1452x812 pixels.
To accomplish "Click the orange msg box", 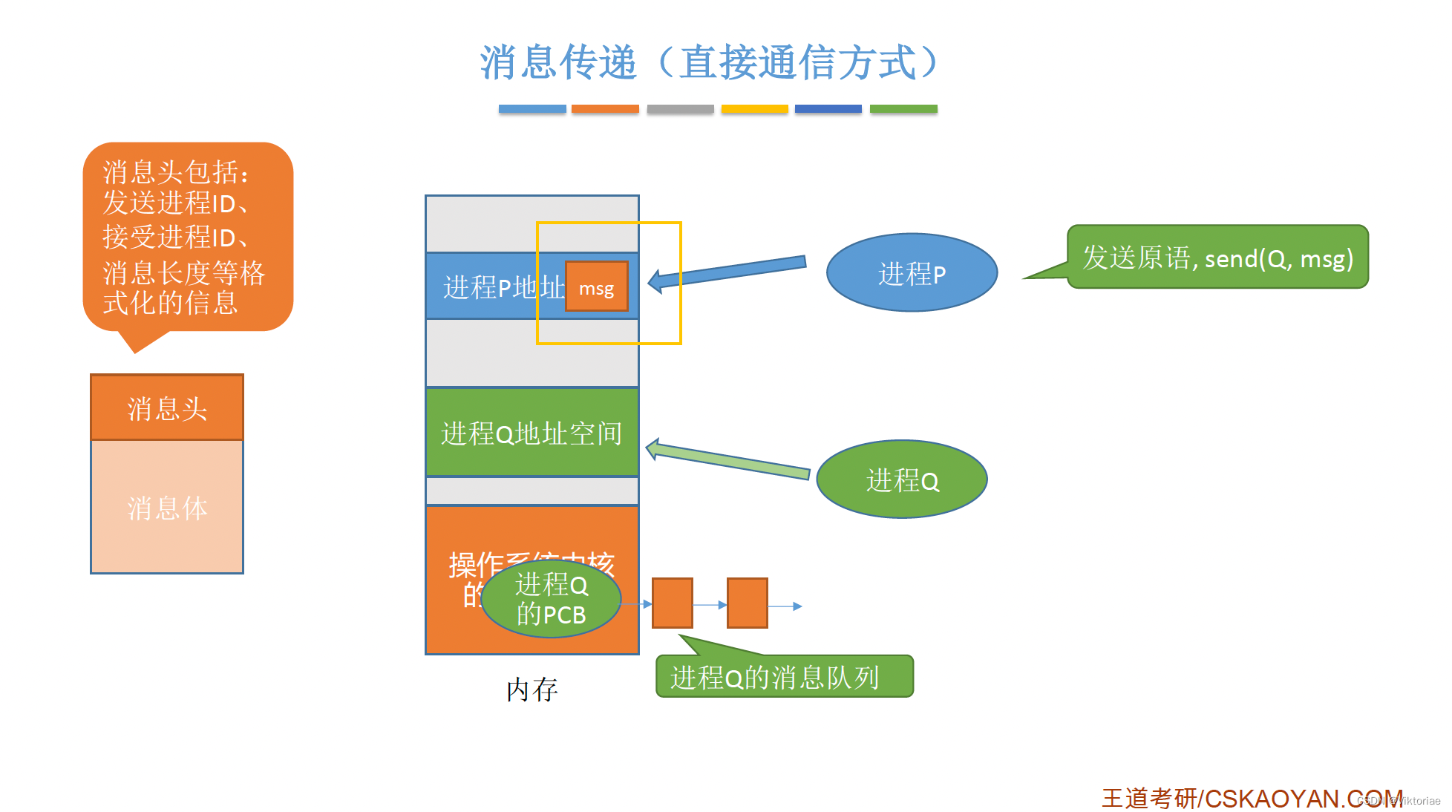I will pos(596,287).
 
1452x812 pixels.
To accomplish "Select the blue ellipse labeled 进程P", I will pos(911,273).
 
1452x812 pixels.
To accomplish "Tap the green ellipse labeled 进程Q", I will pos(901,479).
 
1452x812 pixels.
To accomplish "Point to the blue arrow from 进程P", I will pos(731,270).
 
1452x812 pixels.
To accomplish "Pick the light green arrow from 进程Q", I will pos(727,460).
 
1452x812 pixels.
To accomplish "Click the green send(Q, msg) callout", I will pos(1217,257).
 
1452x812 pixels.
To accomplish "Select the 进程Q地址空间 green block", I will pos(532,432).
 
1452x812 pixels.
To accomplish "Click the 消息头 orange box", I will pos(167,407).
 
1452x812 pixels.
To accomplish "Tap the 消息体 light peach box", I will pos(167,507).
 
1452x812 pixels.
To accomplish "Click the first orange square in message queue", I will pos(672,603).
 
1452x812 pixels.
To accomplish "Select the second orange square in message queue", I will pos(747,603).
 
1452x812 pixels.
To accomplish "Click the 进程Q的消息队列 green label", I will pos(784,676).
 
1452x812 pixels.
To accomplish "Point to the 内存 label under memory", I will pos(532,690).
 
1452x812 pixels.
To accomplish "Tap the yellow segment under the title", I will pos(754,108).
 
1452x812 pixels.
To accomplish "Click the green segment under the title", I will pos(903,108).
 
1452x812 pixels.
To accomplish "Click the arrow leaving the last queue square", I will pos(785,606).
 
